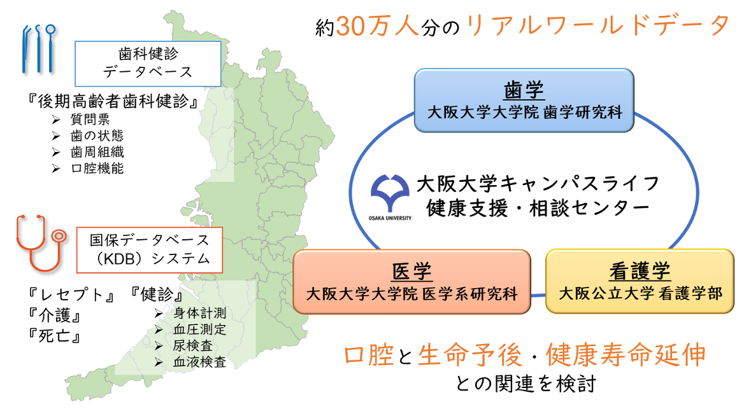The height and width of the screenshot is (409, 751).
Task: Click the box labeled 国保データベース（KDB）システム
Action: coord(150,249)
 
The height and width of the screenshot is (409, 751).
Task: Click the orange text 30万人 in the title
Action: coord(377,26)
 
